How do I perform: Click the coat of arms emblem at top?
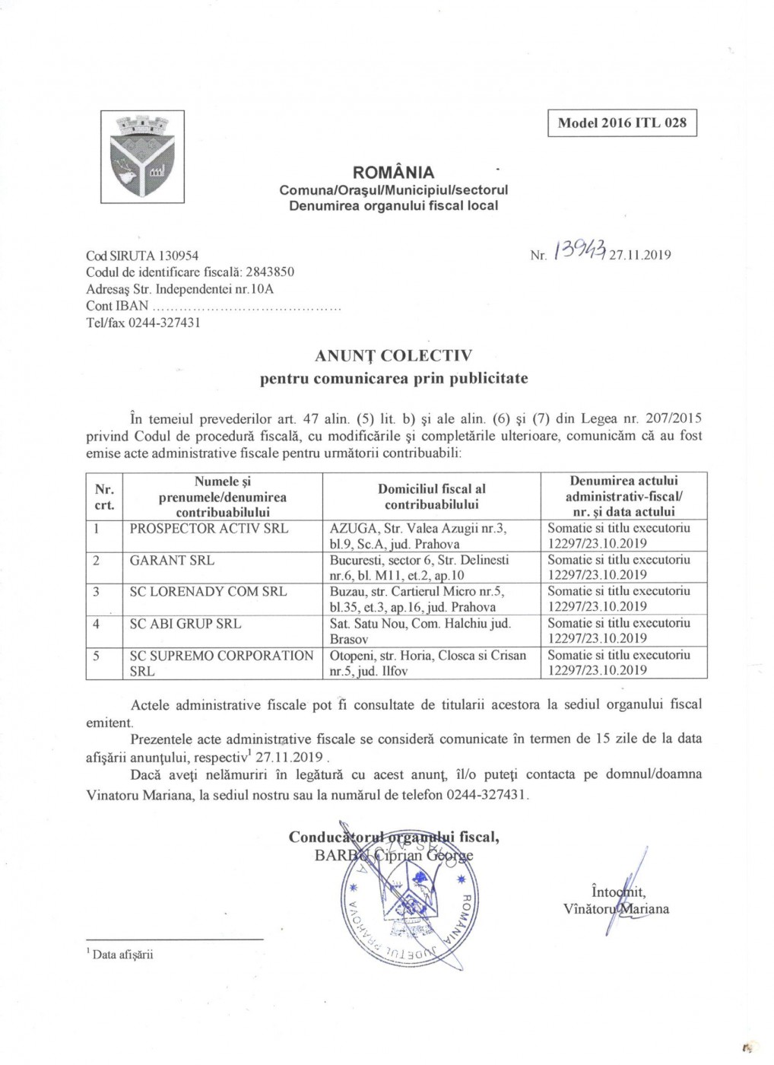[x=142, y=157]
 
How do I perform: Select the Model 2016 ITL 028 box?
[x=622, y=123]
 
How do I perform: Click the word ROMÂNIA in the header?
[x=393, y=173]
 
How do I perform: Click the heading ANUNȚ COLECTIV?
[x=393, y=355]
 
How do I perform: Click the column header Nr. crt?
[x=104, y=497]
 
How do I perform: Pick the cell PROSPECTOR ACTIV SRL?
[x=209, y=529]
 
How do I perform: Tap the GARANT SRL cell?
[x=172, y=561]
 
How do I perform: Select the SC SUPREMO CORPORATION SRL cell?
[x=221, y=663]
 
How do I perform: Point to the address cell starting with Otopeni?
[x=428, y=663]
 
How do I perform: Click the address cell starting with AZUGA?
[x=419, y=536]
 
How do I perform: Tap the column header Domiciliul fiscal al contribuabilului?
[x=431, y=497]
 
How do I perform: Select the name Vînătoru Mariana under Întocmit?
[x=616, y=909]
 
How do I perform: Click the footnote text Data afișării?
[x=122, y=955]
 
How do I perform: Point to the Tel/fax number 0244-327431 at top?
[x=164, y=323]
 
